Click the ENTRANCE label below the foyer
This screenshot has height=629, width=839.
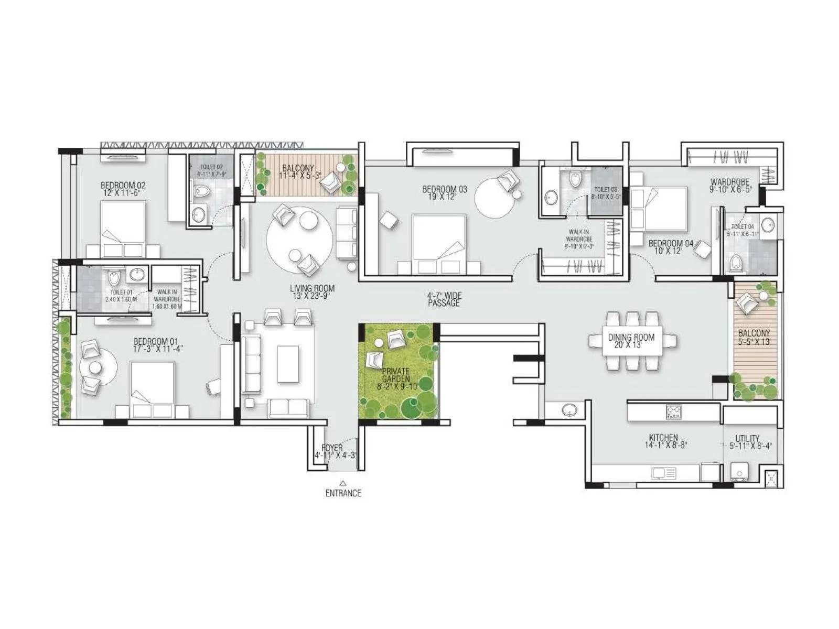click(343, 493)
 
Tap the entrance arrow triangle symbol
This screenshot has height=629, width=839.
click(342, 483)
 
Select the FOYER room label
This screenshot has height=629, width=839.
click(332, 448)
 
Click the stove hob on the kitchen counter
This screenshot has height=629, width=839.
click(673, 411)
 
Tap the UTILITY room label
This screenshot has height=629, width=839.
click(747, 439)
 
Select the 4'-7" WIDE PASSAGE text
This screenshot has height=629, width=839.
click(444, 299)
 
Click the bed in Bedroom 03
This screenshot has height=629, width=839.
click(439, 244)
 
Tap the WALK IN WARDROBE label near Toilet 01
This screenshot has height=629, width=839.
click(167, 299)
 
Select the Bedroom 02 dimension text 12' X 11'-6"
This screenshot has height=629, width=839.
click(122, 193)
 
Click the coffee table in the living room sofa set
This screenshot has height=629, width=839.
click(288, 363)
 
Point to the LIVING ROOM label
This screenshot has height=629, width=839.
click(312, 288)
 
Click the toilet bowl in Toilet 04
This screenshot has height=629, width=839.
click(737, 263)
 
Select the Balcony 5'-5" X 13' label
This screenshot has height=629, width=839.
click(754, 337)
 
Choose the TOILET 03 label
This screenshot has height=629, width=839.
click(606, 189)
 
